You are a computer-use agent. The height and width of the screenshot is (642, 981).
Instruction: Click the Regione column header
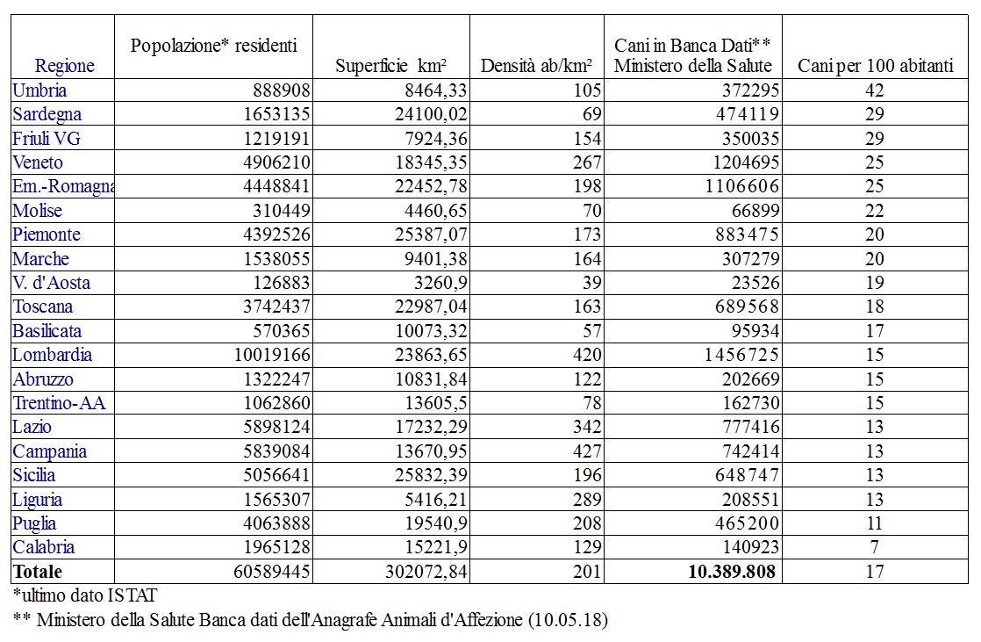tap(64, 66)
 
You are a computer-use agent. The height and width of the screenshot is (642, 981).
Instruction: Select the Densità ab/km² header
tap(536, 66)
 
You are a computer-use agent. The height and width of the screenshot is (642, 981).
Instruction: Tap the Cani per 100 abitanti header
tap(875, 66)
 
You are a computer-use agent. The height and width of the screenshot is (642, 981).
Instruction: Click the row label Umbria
tap(39, 90)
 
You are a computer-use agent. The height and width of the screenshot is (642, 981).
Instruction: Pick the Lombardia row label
tap(52, 356)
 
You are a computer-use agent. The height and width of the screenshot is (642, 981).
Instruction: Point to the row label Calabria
tap(44, 547)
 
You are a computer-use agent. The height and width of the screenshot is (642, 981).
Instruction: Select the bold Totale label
tap(38, 572)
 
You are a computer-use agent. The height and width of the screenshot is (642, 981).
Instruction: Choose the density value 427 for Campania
tap(588, 451)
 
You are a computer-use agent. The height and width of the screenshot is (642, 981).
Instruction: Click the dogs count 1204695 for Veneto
tap(739, 162)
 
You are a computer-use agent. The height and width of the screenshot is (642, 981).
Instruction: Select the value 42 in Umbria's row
tap(875, 90)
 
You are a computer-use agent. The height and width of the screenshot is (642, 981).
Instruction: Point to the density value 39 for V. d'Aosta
tap(592, 283)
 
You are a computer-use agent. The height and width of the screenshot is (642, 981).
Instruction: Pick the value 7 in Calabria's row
tap(875, 547)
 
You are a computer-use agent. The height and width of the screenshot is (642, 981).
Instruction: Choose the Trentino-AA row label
tap(59, 403)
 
